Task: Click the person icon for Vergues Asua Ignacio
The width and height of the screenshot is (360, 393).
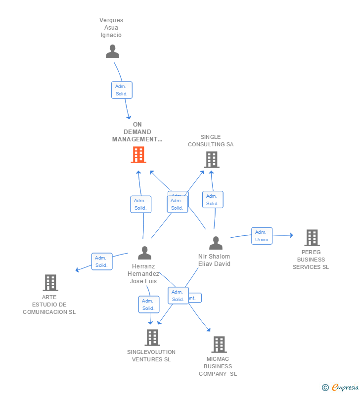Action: pos(113,51)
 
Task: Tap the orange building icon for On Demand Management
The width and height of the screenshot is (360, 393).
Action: pos(138,155)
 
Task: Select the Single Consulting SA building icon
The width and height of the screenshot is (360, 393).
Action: pos(212,160)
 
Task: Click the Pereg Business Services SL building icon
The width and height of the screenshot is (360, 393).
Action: pos(312,238)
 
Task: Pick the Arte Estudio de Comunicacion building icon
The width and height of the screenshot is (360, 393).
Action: pos(50,283)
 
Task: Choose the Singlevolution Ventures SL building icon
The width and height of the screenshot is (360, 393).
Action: pos(152,338)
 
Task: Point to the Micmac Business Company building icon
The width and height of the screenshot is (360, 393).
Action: pos(219,345)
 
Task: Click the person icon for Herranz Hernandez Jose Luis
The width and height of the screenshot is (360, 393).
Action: pos(144,253)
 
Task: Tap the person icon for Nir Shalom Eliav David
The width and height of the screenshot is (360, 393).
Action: pos(216,243)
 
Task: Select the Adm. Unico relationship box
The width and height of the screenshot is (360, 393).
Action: pos(262,236)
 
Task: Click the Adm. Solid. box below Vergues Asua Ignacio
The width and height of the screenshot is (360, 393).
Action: pos(122,90)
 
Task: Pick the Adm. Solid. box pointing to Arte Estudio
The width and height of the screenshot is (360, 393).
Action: pos(102,262)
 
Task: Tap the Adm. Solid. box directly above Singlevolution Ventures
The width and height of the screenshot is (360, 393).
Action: pos(148,305)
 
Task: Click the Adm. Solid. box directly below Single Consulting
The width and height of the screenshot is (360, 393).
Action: pos(213,200)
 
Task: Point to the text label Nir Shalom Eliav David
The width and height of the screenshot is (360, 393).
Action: pos(214,260)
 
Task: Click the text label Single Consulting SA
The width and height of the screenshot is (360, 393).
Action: pos(211,141)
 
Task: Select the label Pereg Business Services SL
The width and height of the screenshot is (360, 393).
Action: pos(311,260)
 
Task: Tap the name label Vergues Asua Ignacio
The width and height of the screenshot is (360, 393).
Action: pos(111,28)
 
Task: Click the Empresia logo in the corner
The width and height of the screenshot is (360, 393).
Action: pos(341,388)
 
